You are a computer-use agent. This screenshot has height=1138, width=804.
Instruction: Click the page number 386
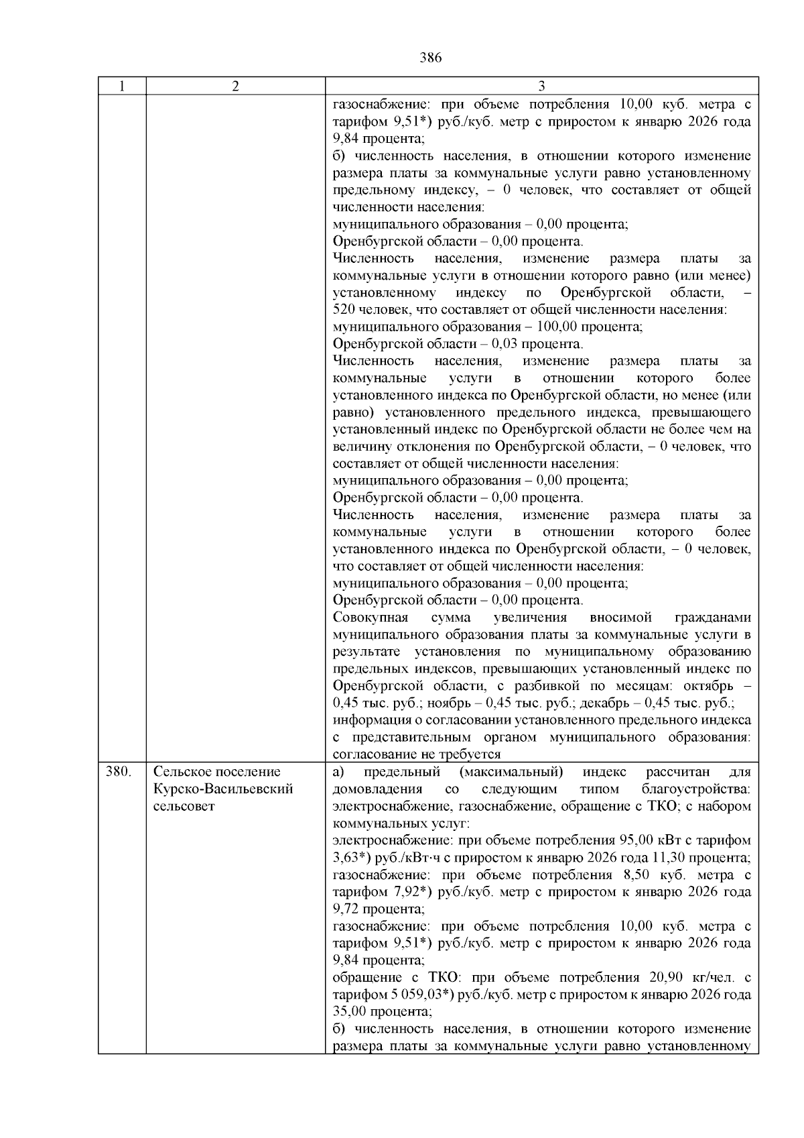(430, 58)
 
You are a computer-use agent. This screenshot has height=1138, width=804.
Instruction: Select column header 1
(122, 86)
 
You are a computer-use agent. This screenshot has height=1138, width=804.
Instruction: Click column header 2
(235, 86)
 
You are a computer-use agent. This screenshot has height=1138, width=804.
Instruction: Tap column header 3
(541, 86)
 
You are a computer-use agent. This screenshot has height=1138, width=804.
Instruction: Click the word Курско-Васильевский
(223, 789)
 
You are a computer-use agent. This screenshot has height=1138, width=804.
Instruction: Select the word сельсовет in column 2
(184, 806)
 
